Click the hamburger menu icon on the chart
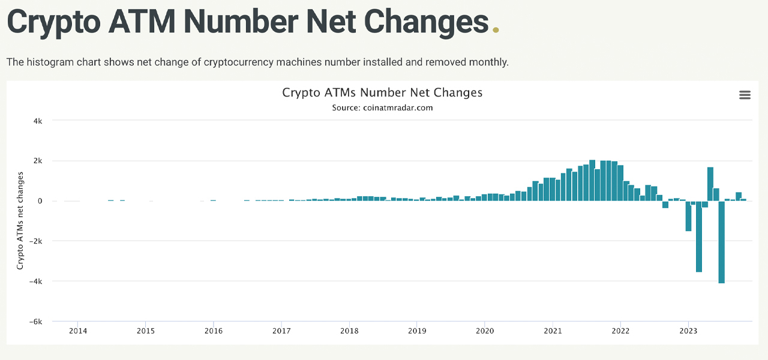tap(745, 95)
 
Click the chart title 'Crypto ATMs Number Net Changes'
tap(382, 92)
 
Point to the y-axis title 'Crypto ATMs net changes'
tap(20, 220)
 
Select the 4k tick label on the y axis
tap(37, 121)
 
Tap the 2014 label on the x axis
tap(77, 331)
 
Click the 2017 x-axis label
tap(281, 331)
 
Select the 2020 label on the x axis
tap(485, 331)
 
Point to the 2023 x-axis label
tap(688, 331)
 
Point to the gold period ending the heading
tap(496, 30)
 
